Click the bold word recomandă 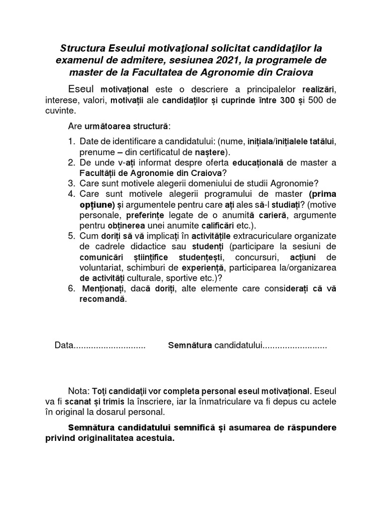pyautogui.click(x=103, y=299)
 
